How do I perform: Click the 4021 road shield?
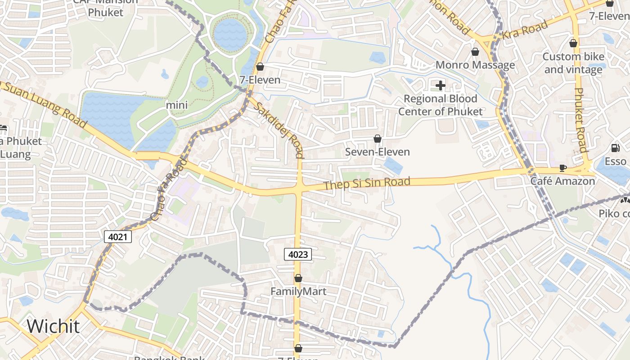tap(118, 236)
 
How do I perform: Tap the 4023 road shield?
tap(298, 254)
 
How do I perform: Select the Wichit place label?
tap(54, 326)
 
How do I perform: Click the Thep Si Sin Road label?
tap(367, 183)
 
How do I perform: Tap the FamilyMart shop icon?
tap(298, 278)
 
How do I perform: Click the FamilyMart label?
tap(298, 291)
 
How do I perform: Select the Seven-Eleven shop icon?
tap(378, 139)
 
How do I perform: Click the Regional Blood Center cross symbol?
tap(441, 85)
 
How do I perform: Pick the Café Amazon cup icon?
tap(562, 168)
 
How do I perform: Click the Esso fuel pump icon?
tap(615, 148)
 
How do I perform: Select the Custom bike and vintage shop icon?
tap(573, 43)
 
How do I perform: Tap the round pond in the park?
tap(230, 35)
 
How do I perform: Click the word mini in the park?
tap(177, 105)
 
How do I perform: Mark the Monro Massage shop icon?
tap(475, 52)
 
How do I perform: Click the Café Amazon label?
tap(562, 181)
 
